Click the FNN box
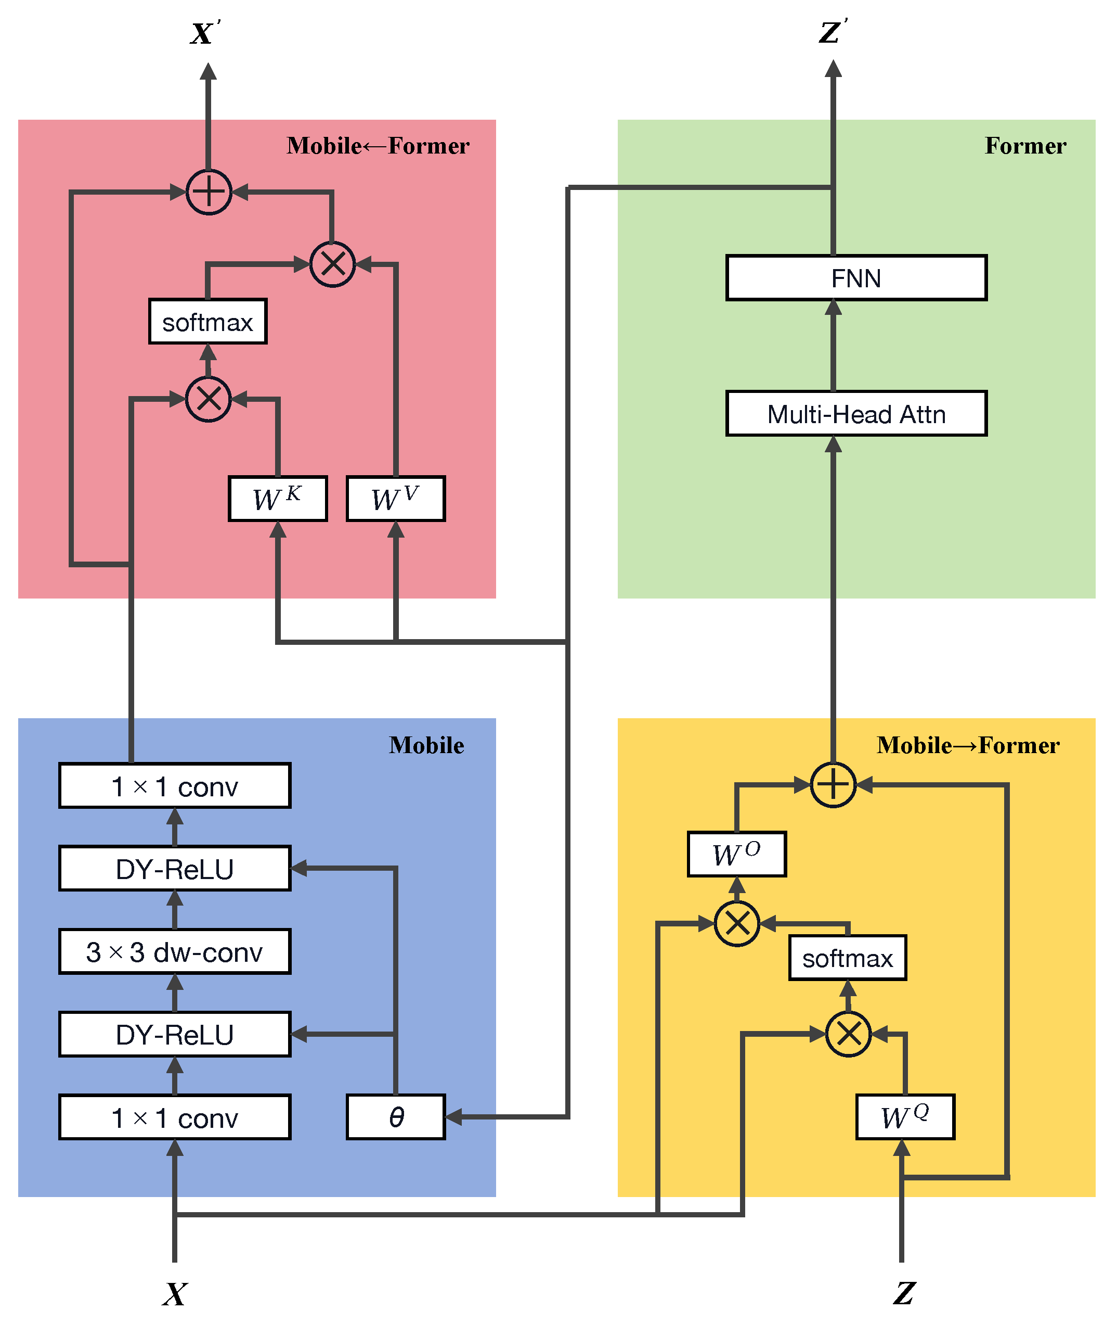tap(856, 277)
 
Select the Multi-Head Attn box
tap(856, 414)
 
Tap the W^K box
tap(277, 499)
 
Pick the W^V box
tap(396, 499)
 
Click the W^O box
tap(736, 854)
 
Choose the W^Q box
tap(905, 1116)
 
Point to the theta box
tap(396, 1116)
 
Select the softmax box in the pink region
tap(207, 322)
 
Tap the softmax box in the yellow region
tap(847, 958)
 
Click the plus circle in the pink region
tap(209, 192)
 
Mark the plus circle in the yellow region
tap(833, 784)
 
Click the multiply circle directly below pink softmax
tap(209, 399)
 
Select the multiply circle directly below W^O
tap(736, 923)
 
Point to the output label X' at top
tap(204, 33)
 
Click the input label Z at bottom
tap(904, 1293)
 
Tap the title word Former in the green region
tap(1025, 146)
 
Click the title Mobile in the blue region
tap(426, 745)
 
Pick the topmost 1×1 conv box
tap(175, 786)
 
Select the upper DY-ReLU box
tap(175, 868)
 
